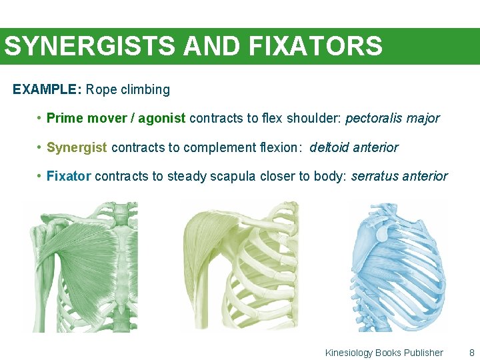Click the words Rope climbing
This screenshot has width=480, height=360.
click(128, 89)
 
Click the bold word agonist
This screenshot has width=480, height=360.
click(163, 119)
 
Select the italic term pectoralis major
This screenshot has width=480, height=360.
click(392, 119)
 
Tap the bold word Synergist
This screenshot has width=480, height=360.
click(77, 147)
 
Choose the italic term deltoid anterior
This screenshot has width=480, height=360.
click(354, 147)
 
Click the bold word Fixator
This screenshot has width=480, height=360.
click(69, 177)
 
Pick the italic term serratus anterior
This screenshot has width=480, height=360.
click(399, 177)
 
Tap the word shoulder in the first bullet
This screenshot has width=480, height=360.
click(314, 119)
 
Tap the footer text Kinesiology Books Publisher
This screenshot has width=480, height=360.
click(384, 353)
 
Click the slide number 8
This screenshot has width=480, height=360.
click(472, 353)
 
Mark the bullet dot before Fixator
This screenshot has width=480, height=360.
click(40, 177)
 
